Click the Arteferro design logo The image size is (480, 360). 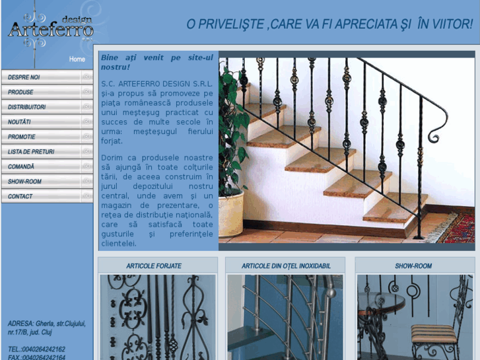[51, 28]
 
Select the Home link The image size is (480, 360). [77, 59]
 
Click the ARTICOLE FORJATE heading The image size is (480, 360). [154, 266]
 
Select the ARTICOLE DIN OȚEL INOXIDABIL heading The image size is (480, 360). [286, 266]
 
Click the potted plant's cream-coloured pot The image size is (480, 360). [231, 215]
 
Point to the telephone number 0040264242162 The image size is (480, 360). [44, 349]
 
